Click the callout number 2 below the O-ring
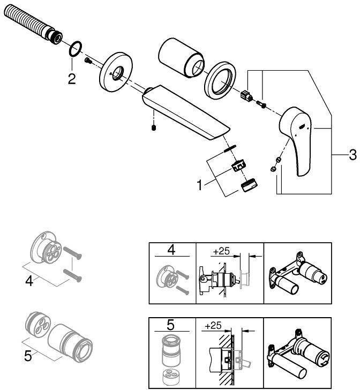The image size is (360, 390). [x=72, y=79]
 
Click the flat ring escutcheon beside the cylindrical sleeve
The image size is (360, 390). [x=219, y=79]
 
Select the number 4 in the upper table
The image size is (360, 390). [x=171, y=250]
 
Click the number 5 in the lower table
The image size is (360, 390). [x=170, y=325]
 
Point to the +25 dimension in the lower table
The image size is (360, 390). [x=214, y=325]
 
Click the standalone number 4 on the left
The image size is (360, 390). [x=29, y=280]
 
